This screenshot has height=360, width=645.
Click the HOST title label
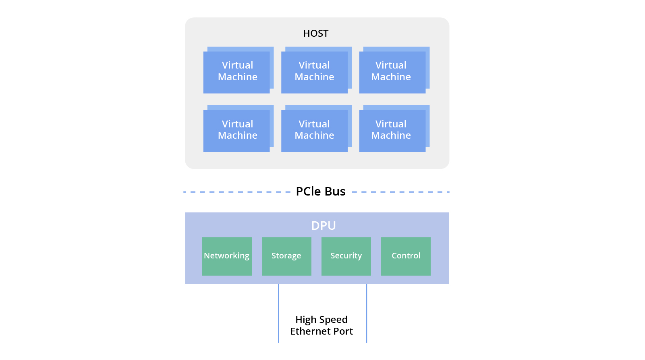tap(315, 33)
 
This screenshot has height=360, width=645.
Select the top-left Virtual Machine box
tap(237, 72)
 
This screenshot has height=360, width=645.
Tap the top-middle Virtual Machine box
tap(314, 72)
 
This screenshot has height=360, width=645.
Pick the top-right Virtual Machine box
tap(392, 72)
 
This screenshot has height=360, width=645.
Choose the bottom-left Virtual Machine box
tap(237, 130)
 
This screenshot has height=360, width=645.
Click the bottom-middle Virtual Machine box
tap(314, 130)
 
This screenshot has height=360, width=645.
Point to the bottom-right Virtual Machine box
tap(392, 130)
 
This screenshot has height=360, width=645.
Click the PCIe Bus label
tap(320, 191)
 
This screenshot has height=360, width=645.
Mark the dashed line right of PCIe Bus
tap(401, 192)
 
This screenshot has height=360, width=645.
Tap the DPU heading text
tap(323, 226)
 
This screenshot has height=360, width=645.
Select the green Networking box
tap(227, 256)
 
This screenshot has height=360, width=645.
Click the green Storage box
tap(286, 256)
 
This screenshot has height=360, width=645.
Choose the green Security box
tap(346, 256)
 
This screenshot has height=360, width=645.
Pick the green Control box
tap(406, 256)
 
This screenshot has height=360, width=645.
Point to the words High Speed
tap(321, 320)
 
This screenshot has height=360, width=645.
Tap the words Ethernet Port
tap(321, 331)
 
